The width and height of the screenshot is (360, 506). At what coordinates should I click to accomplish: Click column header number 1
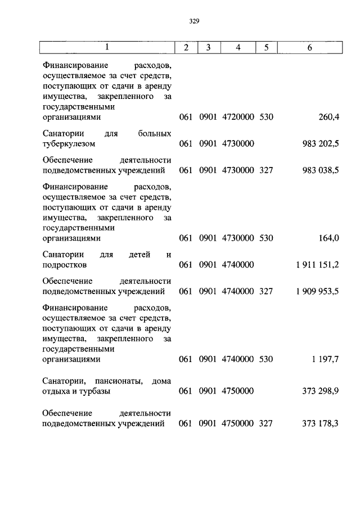click(x=107, y=47)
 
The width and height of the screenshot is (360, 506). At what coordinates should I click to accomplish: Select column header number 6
click(x=309, y=47)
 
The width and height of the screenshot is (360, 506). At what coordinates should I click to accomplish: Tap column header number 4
click(x=238, y=47)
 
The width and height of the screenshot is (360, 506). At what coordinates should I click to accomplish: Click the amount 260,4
click(x=328, y=117)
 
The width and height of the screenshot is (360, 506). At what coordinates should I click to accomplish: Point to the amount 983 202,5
click(x=321, y=143)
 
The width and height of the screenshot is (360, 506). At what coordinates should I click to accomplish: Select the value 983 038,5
click(x=321, y=169)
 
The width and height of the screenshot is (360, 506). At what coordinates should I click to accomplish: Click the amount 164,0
click(x=328, y=238)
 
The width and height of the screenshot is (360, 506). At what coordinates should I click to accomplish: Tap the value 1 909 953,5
click(x=316, y=291)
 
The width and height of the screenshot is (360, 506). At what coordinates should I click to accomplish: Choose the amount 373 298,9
click(x=321, y=391)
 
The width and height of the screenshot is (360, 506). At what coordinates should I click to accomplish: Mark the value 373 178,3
click(x=321, y=423)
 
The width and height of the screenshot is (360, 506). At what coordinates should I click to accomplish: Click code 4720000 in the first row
click(x=238, y=117)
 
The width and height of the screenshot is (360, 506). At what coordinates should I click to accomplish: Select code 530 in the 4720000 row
click(x=266, y=117)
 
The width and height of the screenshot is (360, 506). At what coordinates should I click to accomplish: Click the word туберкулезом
click(x=69, y=143)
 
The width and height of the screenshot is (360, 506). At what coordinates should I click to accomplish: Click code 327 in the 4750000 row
click(x=266, y=423)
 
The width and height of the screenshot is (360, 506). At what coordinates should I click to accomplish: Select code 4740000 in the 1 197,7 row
click(x=238, y=360)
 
